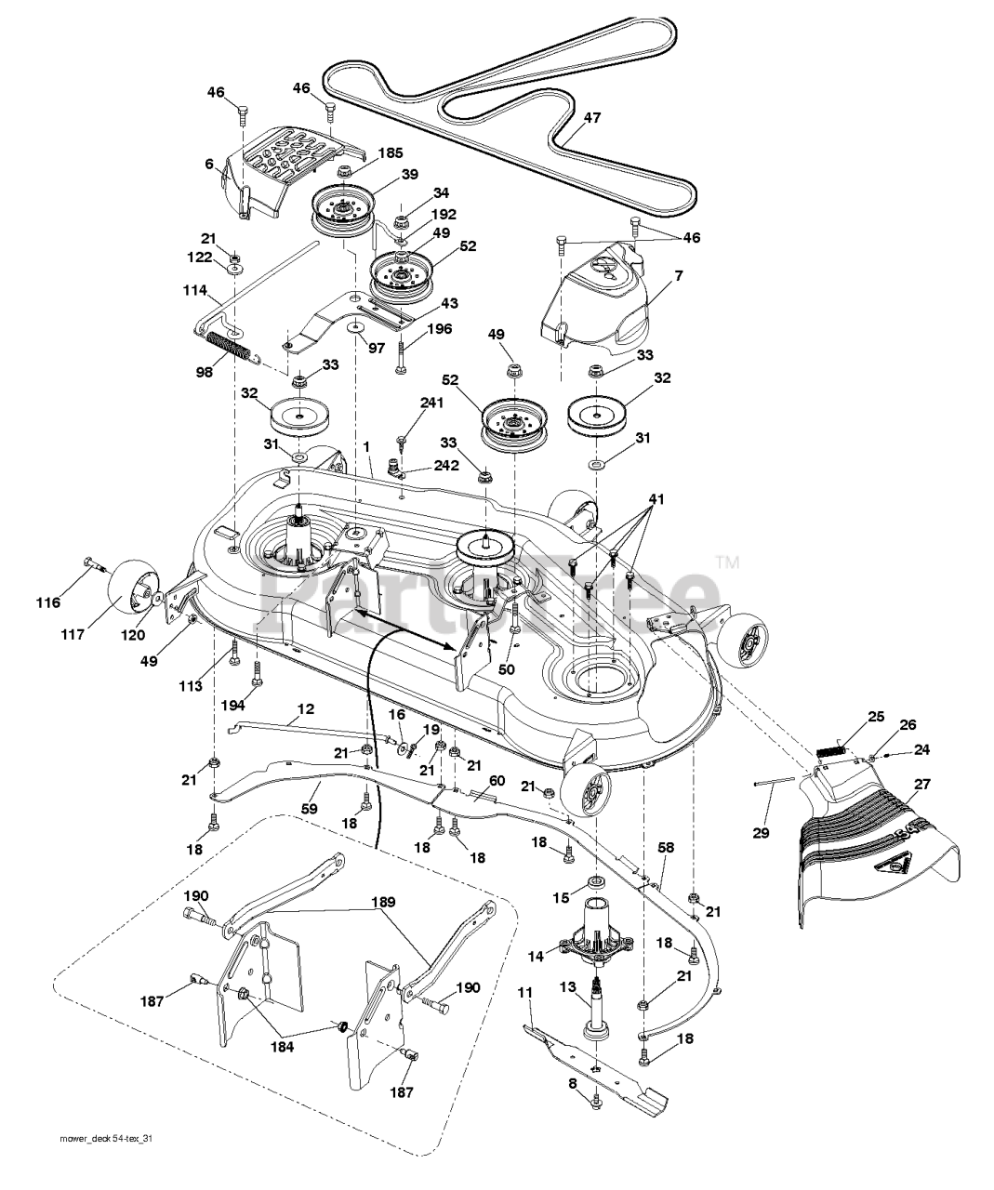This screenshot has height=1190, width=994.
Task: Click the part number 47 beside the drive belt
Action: coord(592,117)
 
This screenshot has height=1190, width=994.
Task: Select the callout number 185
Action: coord(391,152)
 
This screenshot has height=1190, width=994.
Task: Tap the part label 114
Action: coord(195,291)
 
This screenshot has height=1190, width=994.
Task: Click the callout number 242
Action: coord(445,465)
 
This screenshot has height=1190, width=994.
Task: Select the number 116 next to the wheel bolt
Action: coord(47,602)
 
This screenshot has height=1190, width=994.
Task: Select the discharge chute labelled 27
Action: coord(878,853)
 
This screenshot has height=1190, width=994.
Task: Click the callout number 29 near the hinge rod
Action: coord(761,833)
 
